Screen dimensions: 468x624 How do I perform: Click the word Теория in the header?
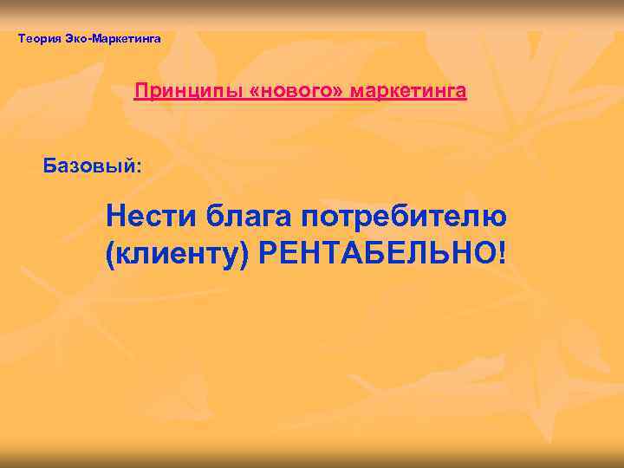point(37,38)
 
